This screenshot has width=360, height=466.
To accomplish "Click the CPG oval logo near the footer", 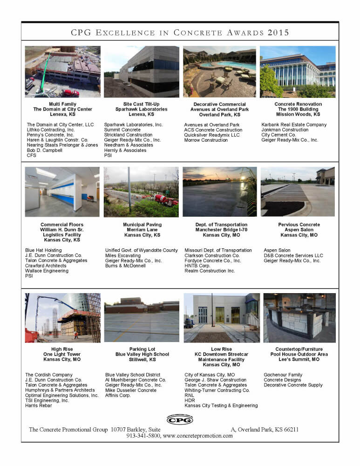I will pyautogui.click(x=179, y=419).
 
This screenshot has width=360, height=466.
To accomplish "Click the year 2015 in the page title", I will pyautogui.click(x=278, y=33).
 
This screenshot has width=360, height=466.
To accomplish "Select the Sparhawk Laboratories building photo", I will pyautogui.click(x=142, y=71).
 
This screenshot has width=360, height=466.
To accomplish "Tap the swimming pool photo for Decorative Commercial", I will pyautogui.click(x=219, y=71).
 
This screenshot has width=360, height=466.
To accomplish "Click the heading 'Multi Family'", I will pyautogui.click(x=63, y=104).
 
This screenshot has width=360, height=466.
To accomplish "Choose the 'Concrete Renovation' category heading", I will pyautogui.click(x=298, y=104).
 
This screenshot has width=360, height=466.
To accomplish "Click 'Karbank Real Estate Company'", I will pyautogui.click(x=294, y=124).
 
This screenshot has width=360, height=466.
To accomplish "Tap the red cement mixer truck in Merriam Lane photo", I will pyautogui.click(x=165, y=200).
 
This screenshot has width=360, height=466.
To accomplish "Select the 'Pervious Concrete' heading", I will pyautogui.click(x=299, y=225).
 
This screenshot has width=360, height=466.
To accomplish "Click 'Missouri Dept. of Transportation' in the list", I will pyautogui.click(x=218, y=250).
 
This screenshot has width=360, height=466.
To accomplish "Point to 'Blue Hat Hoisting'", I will pyautogui.click(x=43, y=250).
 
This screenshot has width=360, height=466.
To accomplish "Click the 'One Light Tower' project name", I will pyautogui.click(x=62, y=354).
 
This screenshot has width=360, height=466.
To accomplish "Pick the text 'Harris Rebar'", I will pyautogui.click(x=39, y=405).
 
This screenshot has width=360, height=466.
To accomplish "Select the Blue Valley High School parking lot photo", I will pyautogui.click(x=142, y=318).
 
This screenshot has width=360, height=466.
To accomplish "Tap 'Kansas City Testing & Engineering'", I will pyautogui.click(x=221, y=405).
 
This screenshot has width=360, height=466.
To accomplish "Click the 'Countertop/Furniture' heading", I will pyautogui.click(x=299, y=349).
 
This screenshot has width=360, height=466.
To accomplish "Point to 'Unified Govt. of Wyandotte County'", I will pyautogui.click(x=142, y=250).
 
